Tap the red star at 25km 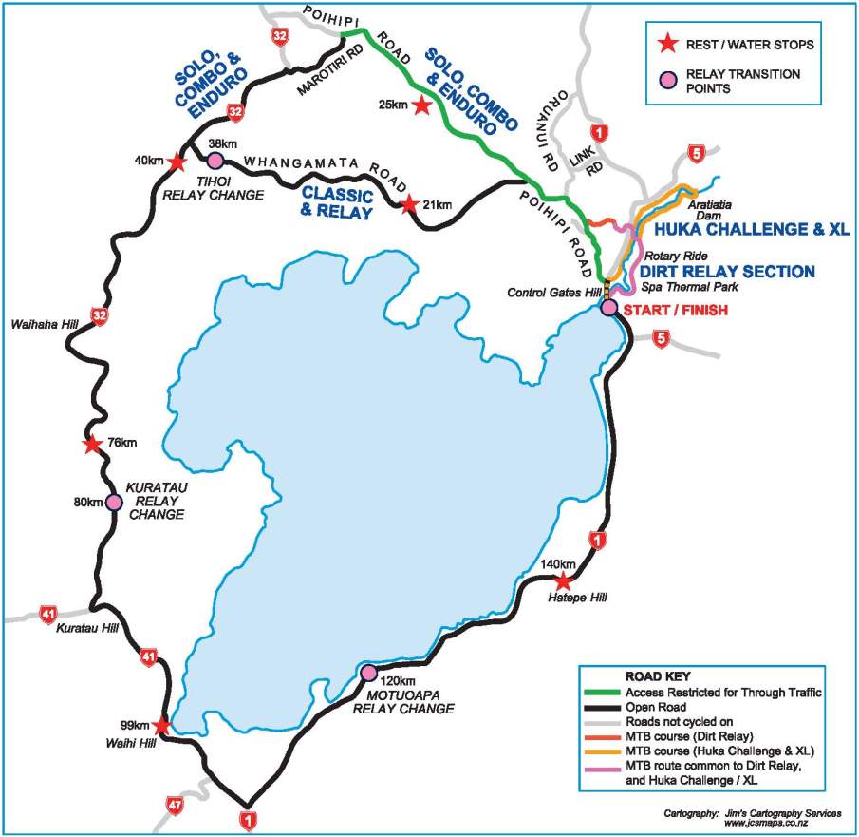(x=420, y=106)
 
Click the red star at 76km (x=92, y=444)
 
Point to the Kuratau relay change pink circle (x=114, y=502)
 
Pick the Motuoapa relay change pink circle (x=369, y=673)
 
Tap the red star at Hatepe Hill (x=563, y=581)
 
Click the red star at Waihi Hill (x=161, y=726)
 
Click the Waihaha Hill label (x=43, y=324)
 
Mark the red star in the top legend (x=669, y=43)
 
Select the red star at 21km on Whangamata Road (x=408, y=204)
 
